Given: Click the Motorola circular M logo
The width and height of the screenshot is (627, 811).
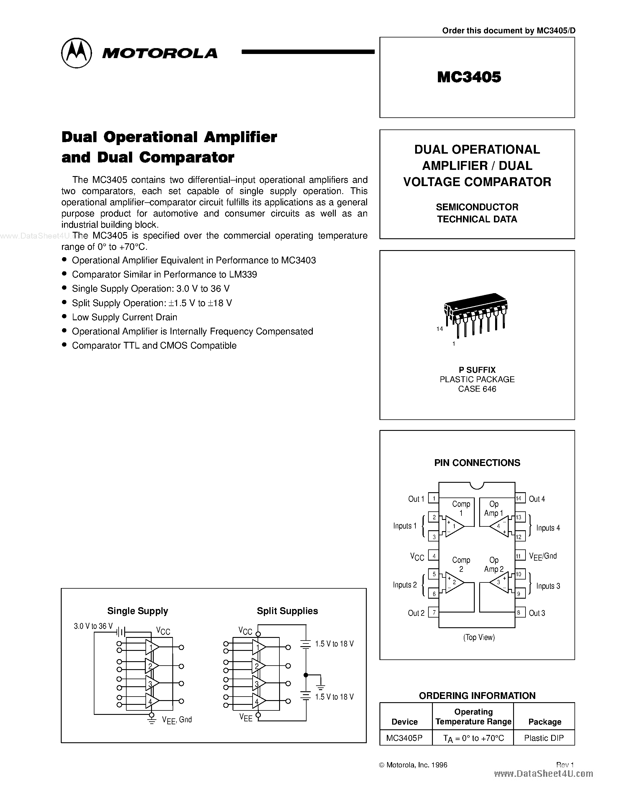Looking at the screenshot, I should pyautogui.click(x=76, y=53).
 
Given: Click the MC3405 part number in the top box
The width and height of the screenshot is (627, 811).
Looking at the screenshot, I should pyautogui.click(x=469, y=77).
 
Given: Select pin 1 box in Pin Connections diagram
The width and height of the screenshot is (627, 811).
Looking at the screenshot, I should pyautogui.click(x=433, y=498).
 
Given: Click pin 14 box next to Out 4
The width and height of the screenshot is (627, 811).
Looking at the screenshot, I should pyautogui.click(x=519, y=498).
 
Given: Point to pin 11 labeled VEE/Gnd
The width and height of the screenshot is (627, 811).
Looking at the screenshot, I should pyautogui.click(x=519, y=556).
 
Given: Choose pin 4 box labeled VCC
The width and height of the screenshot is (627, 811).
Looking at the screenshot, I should pyautogui.click(x=433, y=556).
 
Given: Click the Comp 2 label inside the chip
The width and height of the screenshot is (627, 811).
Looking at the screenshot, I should pyautogui.click(x=461, y=564).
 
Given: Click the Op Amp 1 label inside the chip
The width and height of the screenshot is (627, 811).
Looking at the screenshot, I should pyautogui.click(x=493, y=508).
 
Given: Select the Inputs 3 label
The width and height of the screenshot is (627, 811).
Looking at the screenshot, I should pyautogui.click(x=548, y=586).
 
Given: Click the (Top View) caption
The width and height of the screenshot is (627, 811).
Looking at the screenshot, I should pyautogui.click(x=479, y=637).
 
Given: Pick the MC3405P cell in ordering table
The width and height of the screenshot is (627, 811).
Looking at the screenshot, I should pyautogui.click(x=404, y=738).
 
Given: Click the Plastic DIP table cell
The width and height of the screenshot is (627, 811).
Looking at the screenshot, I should pyautogui.click(x=544, y=738).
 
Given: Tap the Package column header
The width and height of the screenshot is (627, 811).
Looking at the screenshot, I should pyautogui.click(x=545, y=722).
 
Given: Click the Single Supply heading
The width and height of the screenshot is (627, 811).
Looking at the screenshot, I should pyautogui.click(x=137, y=611).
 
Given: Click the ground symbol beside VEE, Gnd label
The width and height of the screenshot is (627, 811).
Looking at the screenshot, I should pyautogui.click(x=152, y=721).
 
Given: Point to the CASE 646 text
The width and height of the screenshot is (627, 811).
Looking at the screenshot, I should pyautogui.click(x=477, y=389).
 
